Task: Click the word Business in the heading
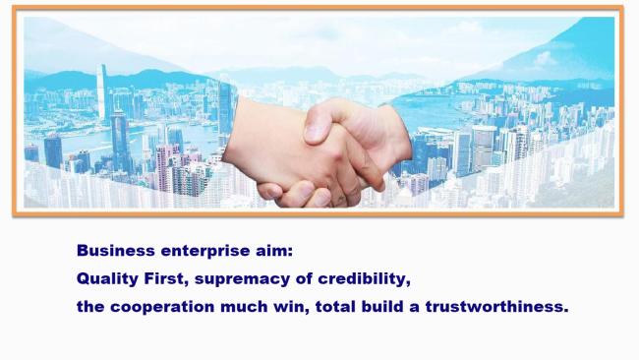point(115,251)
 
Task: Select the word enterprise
point(205,251)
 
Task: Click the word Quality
point(107,279)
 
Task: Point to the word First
point(166,279)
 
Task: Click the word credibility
point(364,279)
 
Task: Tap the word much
point(244,307)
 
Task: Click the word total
point(335,307)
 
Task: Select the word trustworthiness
point(496,307)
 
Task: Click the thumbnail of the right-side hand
point(316,131)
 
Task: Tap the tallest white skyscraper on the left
point(102,93)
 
